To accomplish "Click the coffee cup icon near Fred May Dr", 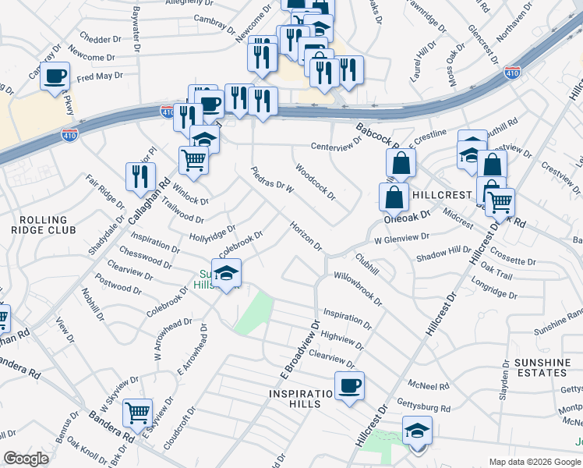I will coord(55,76).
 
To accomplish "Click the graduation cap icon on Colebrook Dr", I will coord(227,272).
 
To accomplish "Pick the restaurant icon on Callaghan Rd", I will coord(140,175).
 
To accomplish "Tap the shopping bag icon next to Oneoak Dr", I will coord(394,196).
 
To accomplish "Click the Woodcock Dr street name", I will coord(315,182).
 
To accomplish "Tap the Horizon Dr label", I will coord(306,235).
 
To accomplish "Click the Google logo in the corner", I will coord(26,459).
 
